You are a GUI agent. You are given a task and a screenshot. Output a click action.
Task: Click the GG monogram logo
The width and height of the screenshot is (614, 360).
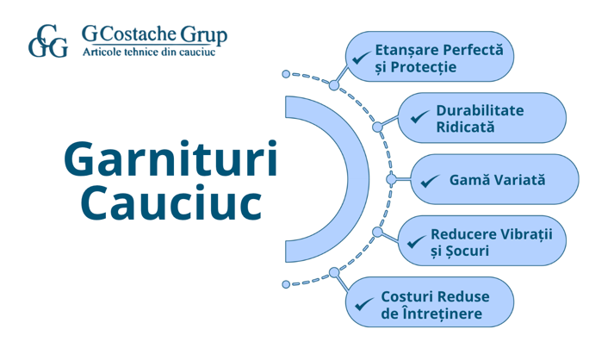pyautogui.click(x=47, y=40)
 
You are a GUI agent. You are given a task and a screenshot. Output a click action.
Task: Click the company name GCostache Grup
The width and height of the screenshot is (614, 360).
pyautogui.click(x=155, y=34)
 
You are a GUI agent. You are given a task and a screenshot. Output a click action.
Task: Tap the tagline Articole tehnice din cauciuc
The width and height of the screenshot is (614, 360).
pyautogui.click(x=148, y=53)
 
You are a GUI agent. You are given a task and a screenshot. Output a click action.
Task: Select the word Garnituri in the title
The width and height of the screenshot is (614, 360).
pyautogui.click(x=171, y=161)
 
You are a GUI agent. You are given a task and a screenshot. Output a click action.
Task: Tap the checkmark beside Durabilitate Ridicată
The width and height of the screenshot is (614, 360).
pyautogui.click(x=420, y=117)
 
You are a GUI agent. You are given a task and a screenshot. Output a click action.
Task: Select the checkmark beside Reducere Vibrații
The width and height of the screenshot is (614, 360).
pyautogui.click(x=416, y=242)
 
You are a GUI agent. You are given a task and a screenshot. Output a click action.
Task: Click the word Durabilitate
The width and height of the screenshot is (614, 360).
pyautogui.click(x=480, y=110)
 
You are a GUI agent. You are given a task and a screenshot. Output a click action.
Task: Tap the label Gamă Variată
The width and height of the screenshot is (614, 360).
pyautogui.click(x=498, y=180)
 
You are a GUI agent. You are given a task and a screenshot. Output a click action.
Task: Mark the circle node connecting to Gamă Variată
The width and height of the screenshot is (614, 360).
pyautogui.click(x=392, y=179)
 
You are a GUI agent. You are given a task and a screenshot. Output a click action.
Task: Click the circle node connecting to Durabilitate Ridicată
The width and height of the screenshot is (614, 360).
pyautogui.click(x=377, y=127)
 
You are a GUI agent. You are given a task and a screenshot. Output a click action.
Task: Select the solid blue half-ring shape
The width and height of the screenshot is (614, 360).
pyautogui.click(x=341, y=179)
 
